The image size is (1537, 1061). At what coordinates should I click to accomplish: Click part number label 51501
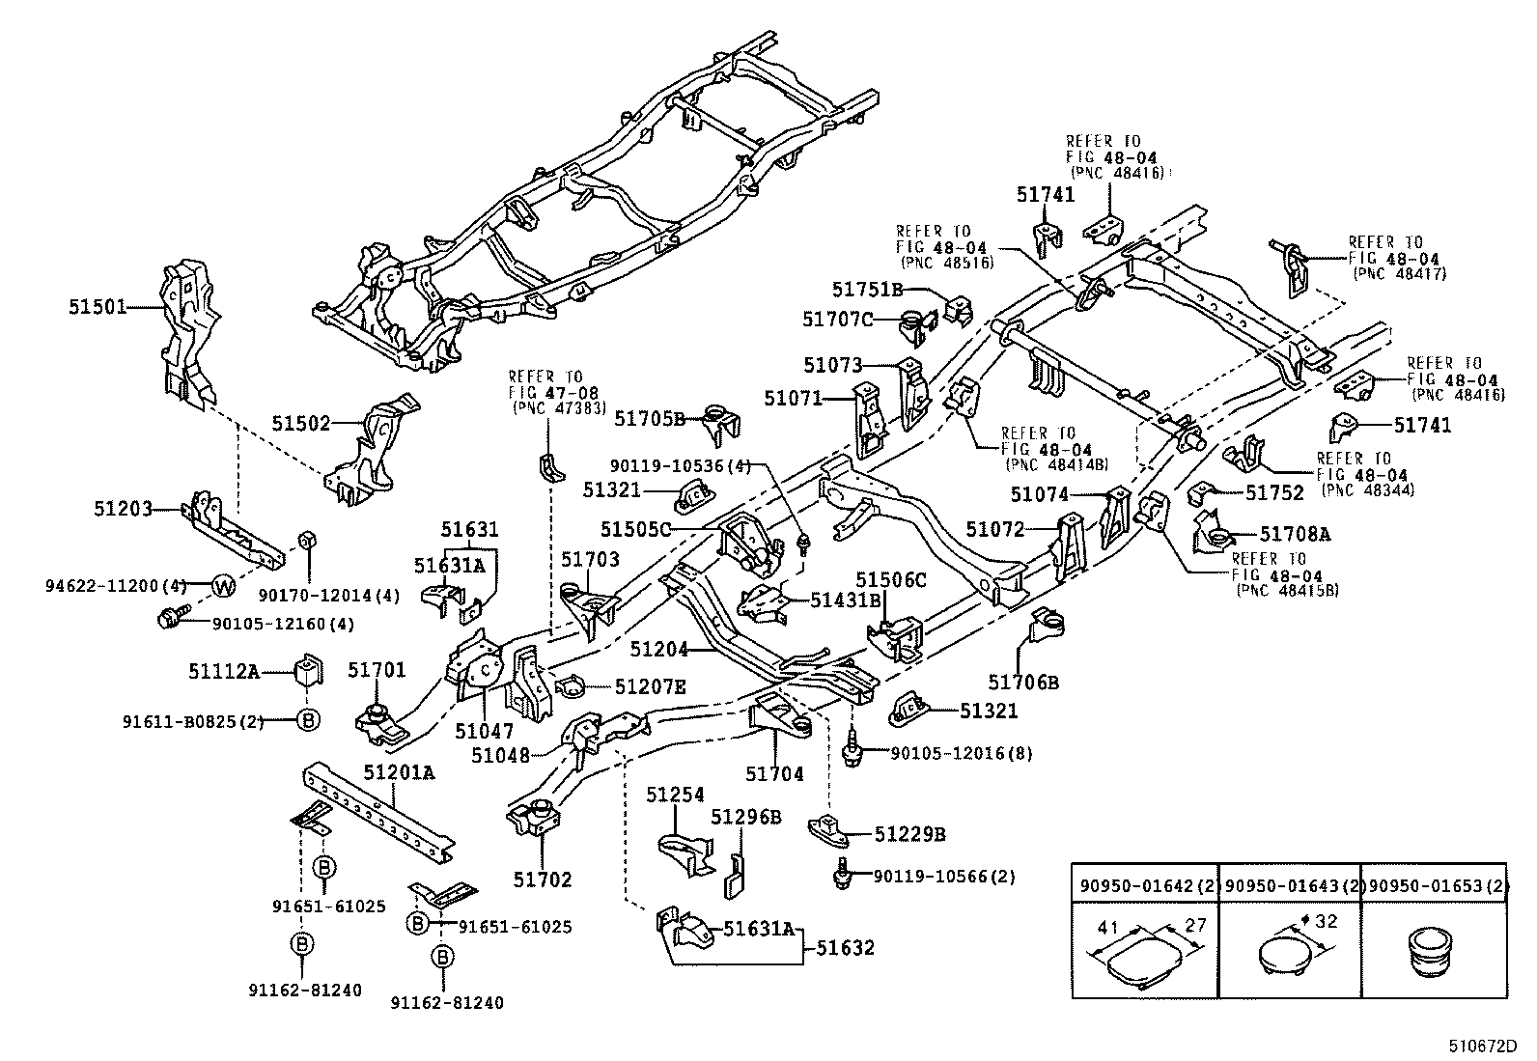[97, 307]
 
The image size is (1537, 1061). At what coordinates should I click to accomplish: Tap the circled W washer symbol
[224, 586]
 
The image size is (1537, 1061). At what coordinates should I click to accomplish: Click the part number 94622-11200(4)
[116, 586]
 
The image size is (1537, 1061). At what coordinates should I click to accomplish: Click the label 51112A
[223, 669]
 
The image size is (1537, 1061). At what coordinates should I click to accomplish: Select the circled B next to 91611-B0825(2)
[307, 720]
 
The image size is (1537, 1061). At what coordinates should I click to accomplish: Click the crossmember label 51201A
[399, 771]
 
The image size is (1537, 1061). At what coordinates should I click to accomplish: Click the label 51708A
[1295, 534]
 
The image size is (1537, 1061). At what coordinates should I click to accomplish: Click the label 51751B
[867, 288]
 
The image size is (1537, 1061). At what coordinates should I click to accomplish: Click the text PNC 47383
[558, 408]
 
